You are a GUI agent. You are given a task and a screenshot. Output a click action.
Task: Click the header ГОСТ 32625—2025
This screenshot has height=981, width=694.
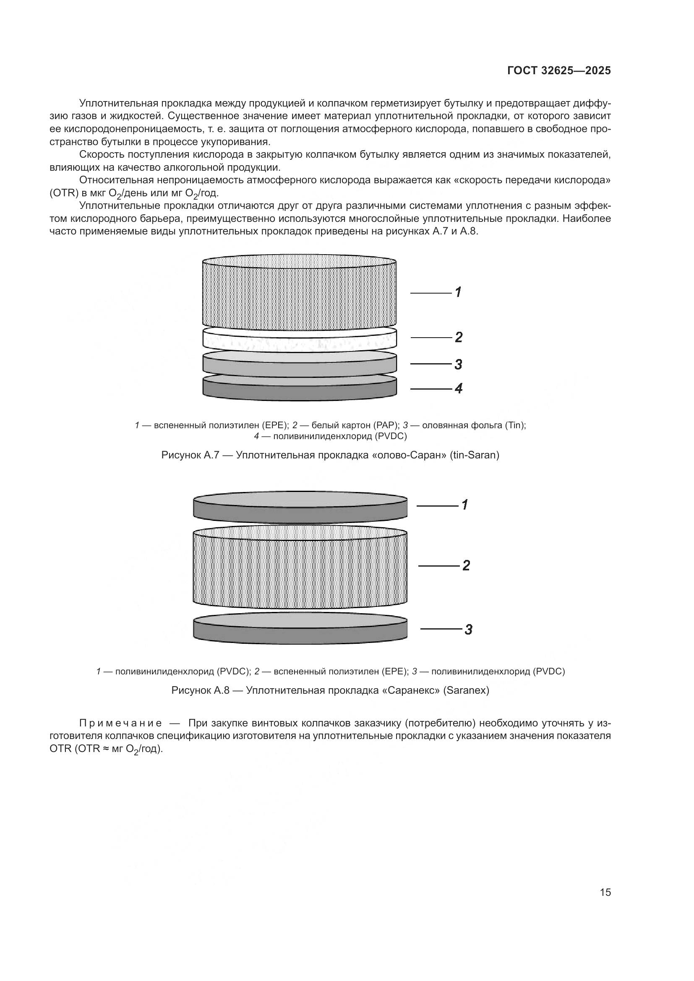click(x=559, y=71)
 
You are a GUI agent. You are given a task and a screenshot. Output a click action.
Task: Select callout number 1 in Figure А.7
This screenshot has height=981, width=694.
click(x=458, y=292)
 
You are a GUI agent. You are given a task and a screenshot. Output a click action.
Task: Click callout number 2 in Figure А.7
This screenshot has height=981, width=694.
click(x=458, y=337)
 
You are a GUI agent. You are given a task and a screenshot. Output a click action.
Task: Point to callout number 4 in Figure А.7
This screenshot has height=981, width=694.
click(x=458, y=388)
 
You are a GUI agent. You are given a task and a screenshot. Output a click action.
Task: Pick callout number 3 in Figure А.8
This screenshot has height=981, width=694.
click(x=468, y=630)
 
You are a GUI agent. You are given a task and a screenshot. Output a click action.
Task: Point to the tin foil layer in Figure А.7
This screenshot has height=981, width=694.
click(x=299, y=364)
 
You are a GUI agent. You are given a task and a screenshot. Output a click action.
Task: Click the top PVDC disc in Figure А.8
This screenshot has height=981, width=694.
click(x=300, y=507)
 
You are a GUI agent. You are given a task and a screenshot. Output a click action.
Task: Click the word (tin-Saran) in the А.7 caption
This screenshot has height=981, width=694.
click(x=475, y=455)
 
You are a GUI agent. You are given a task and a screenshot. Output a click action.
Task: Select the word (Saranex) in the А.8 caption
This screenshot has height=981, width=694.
click(x=466, y=690)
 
